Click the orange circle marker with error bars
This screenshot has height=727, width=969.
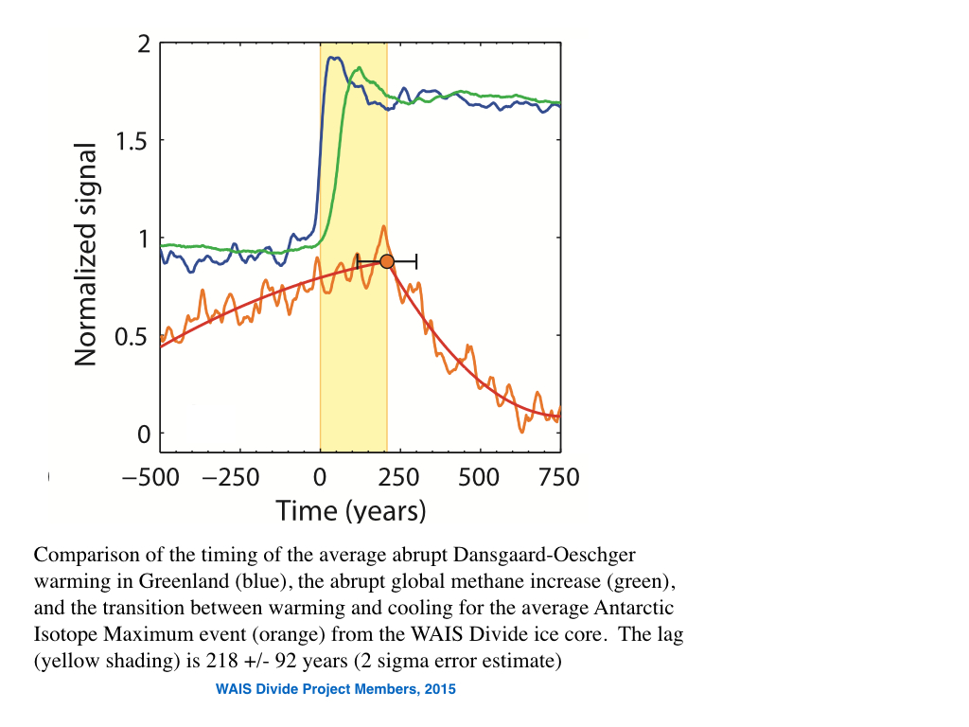tap(386, 260)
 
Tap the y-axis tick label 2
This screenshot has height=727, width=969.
tap(144, 44)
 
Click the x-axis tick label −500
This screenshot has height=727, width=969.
tap(151, 476)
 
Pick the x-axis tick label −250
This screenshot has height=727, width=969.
tap(232, 476)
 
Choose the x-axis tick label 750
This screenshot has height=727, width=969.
tap(558, 476)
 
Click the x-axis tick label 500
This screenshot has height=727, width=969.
tap(479, 476)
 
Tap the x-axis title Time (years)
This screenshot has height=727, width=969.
tap(351, 511)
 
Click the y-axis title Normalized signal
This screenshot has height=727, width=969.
tap(86, 254)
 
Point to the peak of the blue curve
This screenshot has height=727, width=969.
tap(333, 58)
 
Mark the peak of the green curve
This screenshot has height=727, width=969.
tap(358, 69)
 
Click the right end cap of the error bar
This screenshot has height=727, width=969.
tap(416, 260)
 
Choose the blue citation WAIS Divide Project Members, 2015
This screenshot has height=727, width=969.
tap(336, 690)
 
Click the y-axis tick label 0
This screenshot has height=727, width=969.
tap(144, 434)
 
